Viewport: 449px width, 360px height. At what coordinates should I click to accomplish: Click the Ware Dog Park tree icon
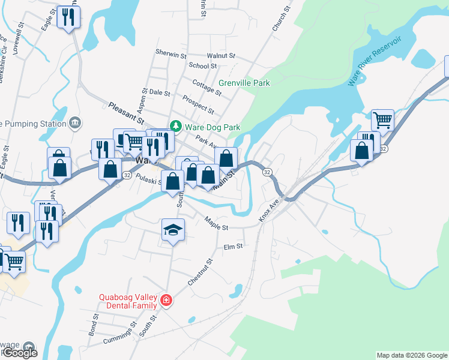(176, 127)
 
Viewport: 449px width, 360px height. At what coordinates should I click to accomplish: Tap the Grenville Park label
(244, 83)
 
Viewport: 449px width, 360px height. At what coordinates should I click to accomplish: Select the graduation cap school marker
(173, 230)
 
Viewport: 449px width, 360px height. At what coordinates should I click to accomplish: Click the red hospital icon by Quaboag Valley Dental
(166, 301)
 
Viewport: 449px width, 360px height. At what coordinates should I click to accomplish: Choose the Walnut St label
(220, 55)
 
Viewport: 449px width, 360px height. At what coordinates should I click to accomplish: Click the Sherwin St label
(171, 54)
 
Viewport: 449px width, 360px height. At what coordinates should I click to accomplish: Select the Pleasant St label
(127, 113)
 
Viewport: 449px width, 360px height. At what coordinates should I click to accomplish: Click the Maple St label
(216, 224)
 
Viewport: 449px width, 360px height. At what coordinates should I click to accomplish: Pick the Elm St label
(232, 246)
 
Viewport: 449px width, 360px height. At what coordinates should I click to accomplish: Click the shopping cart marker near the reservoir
(382, 120)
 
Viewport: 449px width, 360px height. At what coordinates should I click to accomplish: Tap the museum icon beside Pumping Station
(74, 124)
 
